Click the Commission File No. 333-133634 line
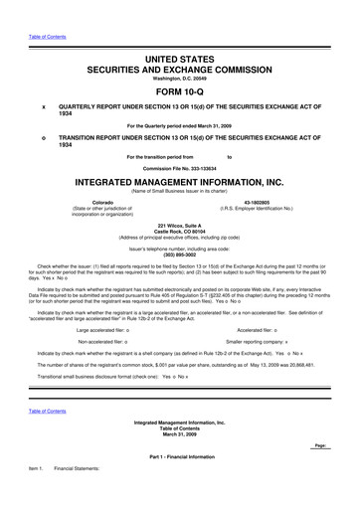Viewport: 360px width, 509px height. pyautogui.click(x=180, y=168)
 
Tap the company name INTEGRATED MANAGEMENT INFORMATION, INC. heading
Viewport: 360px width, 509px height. pyautogui.click(x=180, y=184)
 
